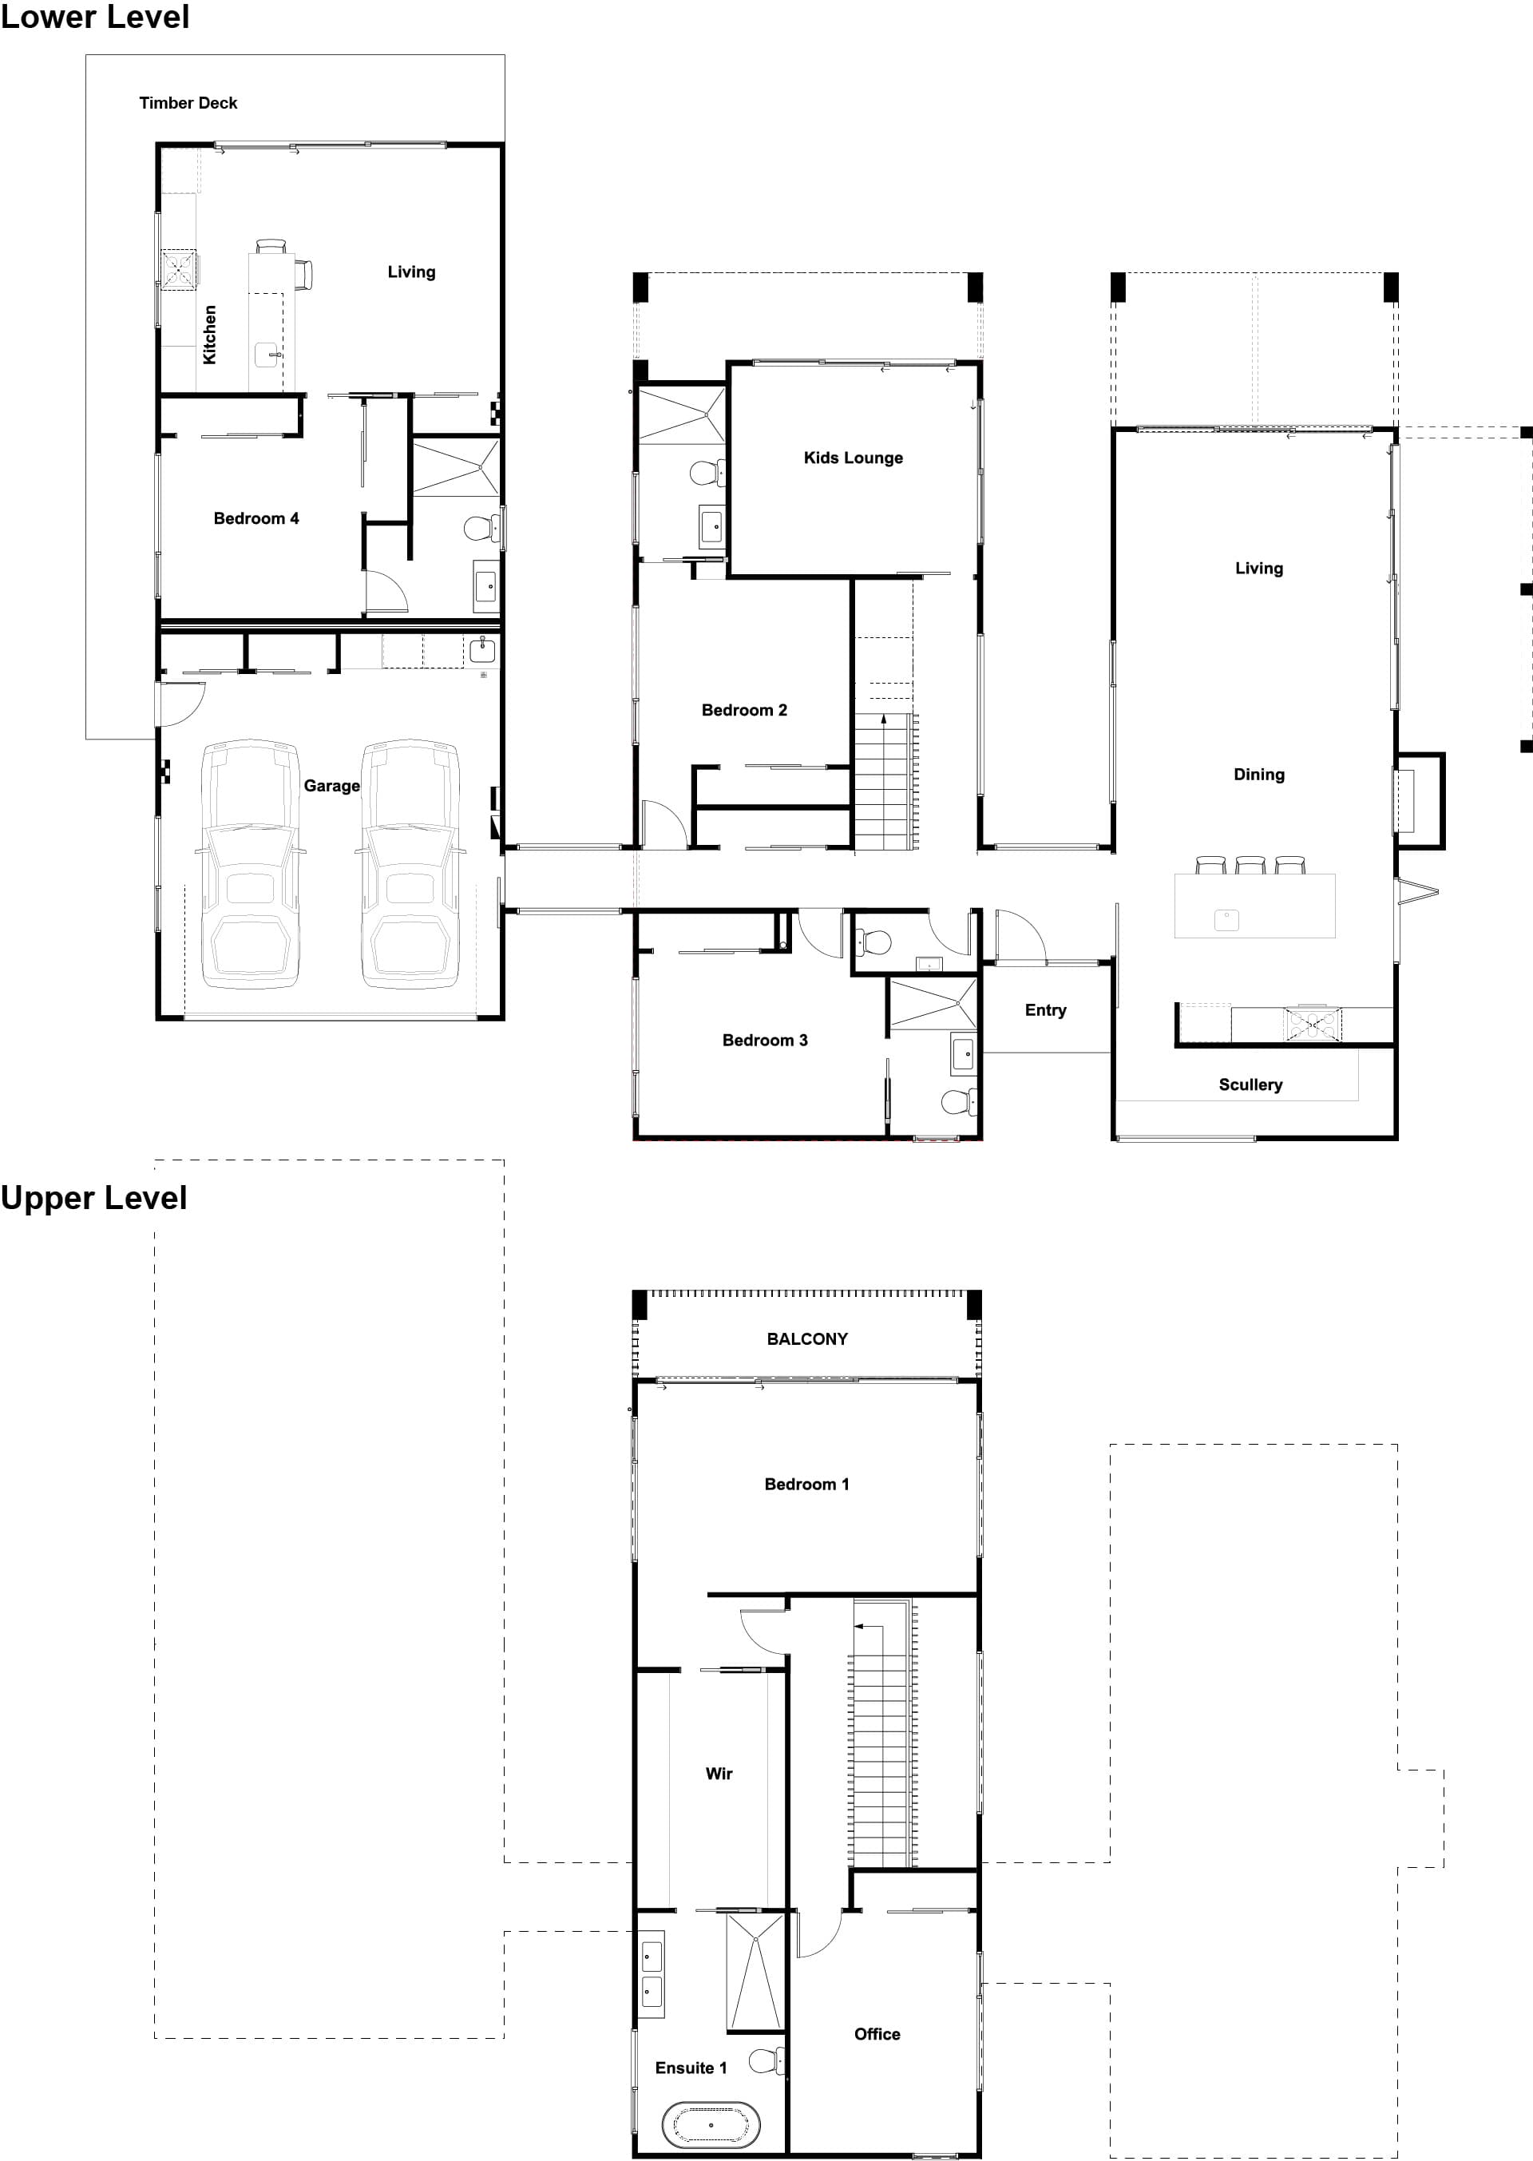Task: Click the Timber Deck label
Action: (188, 103)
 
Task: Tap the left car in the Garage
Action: (250, 864)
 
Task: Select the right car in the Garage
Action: (410, 864)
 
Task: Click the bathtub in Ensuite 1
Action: (711, 2125)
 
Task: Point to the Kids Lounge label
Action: (853, 458)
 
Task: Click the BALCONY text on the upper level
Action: (806, 1338)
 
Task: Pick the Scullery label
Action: (1250, 1084)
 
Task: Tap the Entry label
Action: (1045, 1010)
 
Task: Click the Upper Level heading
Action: (93, 1198)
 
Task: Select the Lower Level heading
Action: (94, 17)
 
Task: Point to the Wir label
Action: (719, 1773)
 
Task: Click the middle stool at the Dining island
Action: (1250, 865)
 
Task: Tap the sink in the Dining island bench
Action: (1226, 918)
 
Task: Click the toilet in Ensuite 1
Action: (766, 2060)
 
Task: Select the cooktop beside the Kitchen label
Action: (177, 269)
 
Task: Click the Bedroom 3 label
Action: (765, 1041)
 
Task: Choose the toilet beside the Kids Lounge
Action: (707, 472)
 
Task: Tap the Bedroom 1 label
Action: (806, 1484)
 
